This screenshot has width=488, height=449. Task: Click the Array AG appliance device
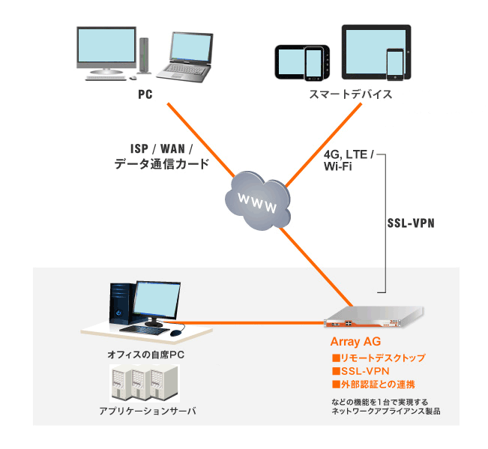(373, 319)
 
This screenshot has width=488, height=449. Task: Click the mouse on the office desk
(176, 332)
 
